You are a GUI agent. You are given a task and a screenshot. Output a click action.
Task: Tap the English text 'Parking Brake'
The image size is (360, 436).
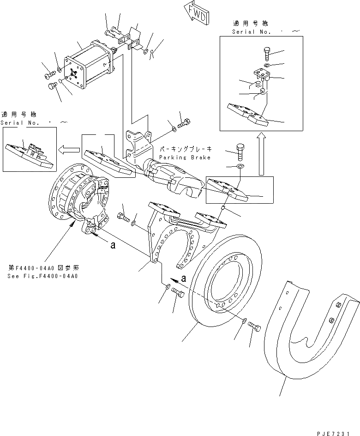click(185, 157)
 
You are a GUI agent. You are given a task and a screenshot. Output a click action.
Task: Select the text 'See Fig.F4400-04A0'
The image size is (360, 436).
click(42, 276)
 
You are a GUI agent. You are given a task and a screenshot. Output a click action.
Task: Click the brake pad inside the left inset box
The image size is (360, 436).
click(28, 155)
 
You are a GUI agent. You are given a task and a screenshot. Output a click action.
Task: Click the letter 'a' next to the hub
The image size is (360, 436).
click(112, 246)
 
